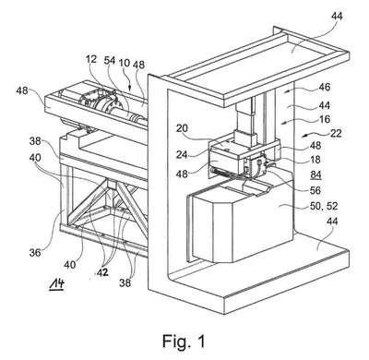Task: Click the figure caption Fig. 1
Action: [x=184, y=341]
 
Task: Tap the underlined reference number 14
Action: [x=57, y=283]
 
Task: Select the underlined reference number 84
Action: [x=315, y=175]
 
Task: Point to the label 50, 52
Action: [x=324, y=206]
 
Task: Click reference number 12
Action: [x=91, y=59]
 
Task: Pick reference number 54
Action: [x=109, y=60]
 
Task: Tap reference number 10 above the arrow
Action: [x=125, y=63]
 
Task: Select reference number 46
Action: [x=324, y=87]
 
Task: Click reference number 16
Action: [x=325, y=119]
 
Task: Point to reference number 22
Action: [x=336, y=133]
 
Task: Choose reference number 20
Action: [x=182, y=127]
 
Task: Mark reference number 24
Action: [x=182, y=154]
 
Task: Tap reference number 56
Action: [x=315, y=190]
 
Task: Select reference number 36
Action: [x=35, y=253]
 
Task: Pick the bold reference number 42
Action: [x=102, y=272]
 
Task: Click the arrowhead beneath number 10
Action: [x=130, y=89]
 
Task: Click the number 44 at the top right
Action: [x=337, y=16]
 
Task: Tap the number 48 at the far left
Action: [x=22, y=90]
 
